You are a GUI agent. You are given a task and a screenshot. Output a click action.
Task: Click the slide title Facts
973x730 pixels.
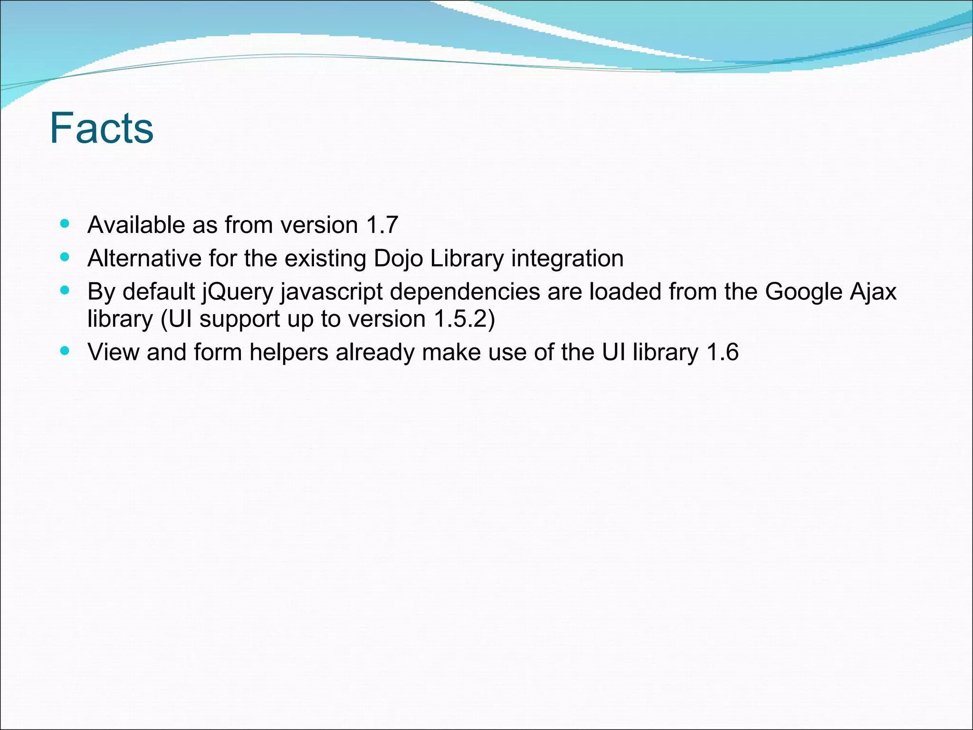(102, 128)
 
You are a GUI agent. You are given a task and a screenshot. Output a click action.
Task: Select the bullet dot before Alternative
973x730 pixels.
(65, 257)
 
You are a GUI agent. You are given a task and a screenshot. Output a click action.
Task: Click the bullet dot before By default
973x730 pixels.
(65, 290)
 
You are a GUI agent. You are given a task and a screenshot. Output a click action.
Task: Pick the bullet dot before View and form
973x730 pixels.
(65, 351)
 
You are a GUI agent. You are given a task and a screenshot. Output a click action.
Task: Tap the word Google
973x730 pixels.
(803, 291)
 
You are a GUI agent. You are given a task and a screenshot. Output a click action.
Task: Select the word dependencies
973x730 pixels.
(465, 292)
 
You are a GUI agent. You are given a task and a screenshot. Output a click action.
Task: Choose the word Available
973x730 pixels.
(136, 225)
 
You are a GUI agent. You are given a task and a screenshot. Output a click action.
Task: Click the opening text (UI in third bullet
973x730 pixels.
(176, 319)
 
